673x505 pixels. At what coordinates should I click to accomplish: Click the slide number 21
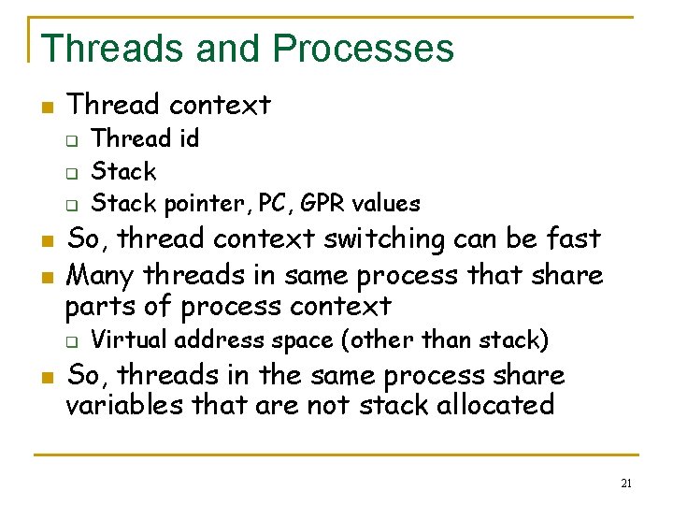[x=626, y=483]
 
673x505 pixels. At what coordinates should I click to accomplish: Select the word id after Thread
[x=187, y=139]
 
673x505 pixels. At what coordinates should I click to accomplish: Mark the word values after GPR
[x=387, y=203]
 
